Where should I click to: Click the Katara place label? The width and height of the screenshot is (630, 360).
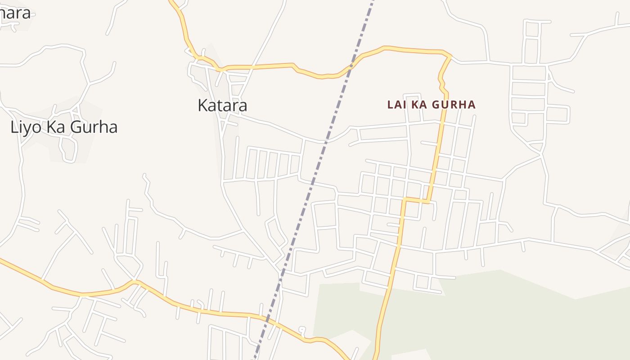pos(222,105)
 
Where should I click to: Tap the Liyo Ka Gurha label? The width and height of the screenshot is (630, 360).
pos(64,127)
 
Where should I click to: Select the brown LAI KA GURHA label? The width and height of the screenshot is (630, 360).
pos(431,105)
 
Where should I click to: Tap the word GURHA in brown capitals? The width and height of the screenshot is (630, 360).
pos(455,105)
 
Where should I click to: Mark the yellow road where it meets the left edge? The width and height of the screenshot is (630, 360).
pos(2,260)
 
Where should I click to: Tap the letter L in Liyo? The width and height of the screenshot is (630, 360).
pos(13,127)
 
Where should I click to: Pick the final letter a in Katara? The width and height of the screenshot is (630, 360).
pos(243,106)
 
